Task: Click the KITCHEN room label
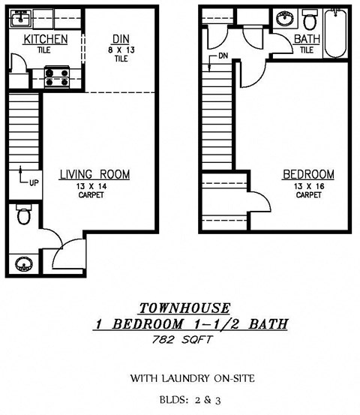(46, 39)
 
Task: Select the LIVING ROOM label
(94, 175)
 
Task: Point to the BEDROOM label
(308, 175)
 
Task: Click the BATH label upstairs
(306, 39)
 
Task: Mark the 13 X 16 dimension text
(308, 186)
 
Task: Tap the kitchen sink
(21, 17)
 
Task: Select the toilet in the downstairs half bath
(23, 215)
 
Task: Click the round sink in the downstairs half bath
(23, 264)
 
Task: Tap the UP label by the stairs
(24, 182)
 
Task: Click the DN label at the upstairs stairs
(223, 56)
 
